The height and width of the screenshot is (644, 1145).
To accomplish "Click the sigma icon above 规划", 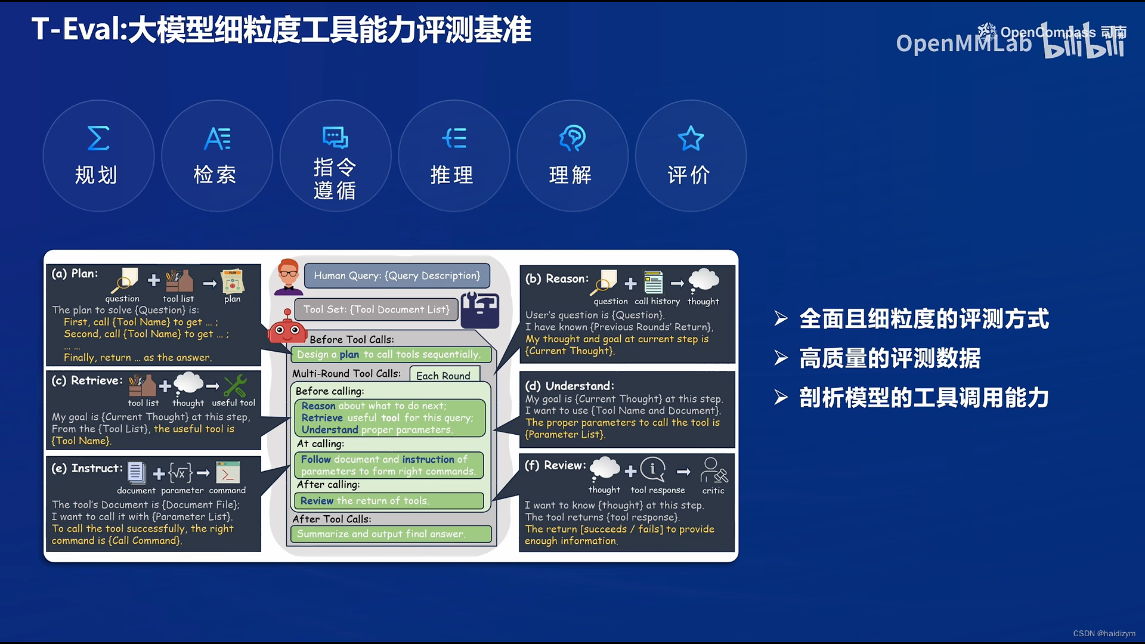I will (98, 138).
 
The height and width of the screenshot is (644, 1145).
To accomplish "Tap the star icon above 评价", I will (691, 138).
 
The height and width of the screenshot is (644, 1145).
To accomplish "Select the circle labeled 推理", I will (453, 156).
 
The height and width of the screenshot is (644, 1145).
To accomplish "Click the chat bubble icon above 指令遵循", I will (335, 137).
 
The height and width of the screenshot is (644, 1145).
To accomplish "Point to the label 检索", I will (215, 175).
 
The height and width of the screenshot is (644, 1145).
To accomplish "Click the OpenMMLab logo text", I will (963, 44).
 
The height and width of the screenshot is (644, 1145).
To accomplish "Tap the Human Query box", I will (397, 275).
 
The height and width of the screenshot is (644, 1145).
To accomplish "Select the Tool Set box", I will (376, 309).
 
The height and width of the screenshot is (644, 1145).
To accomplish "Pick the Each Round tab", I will (444, 376).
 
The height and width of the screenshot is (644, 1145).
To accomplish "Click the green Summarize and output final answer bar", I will (391, 534).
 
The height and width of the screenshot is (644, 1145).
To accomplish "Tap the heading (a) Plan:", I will (75, 274).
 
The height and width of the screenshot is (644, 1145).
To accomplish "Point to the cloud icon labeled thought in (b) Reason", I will (704, 280).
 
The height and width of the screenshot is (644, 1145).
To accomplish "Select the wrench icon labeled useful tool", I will (235, 386).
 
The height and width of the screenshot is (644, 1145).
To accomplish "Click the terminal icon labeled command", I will (227, 473).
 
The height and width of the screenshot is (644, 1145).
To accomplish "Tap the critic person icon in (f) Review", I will (713, 470).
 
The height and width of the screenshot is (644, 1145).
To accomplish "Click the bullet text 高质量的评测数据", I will (889, 358).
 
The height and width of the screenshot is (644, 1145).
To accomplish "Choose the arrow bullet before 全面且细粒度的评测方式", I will (781, 318).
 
